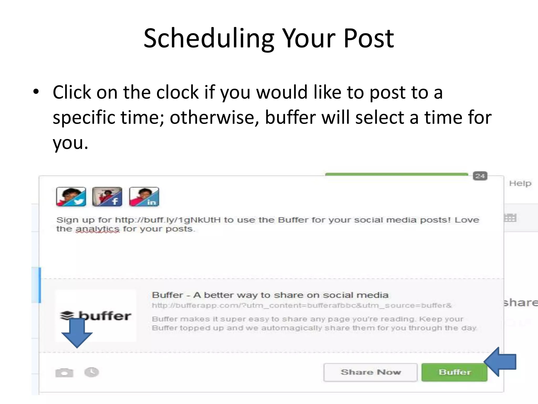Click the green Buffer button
pyautogui.click(x=454, y=372)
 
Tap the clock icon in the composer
pyautogui.click(x=91, y=372)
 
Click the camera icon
pyautogui.click(x=64, y=373)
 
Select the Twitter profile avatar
pyautogui.click(x=71, y=196)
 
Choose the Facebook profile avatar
pyautogui.click(x=107, y=196)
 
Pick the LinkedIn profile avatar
pyautogui.click(x=144, y=196)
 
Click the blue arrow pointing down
pyautogui.click(x=77, y=333)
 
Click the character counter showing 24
pyautogui.click(x=480, y=176)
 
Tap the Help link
pyautogui.click(x=520, y=183)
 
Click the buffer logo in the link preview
pyautogui.click(x=96, y=315)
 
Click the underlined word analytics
pyautogui.click(x=97, y=229)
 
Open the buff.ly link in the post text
pyautogui.click(x=168, y=220)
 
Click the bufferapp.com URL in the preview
pyautogui.click(x=302, y=305)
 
